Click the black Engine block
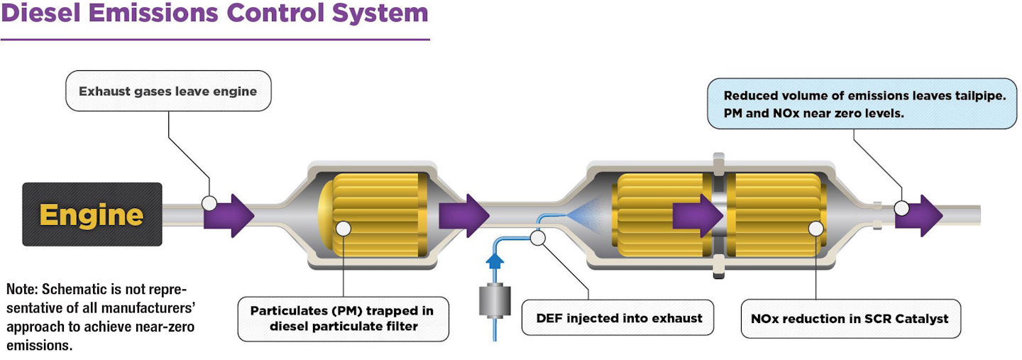coord(92,214)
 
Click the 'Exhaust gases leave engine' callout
coord(167,91)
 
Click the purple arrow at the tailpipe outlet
coord(920,215)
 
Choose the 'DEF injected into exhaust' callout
coord(619,317)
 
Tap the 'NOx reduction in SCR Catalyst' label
coord(850,318)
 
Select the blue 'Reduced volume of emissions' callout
coord(862,104)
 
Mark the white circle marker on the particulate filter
coord(343,229)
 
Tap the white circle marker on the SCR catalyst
coord(816,229)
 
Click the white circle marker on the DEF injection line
coord(538,238)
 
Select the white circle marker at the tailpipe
coord(901,208)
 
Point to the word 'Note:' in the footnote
coord(23,290)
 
